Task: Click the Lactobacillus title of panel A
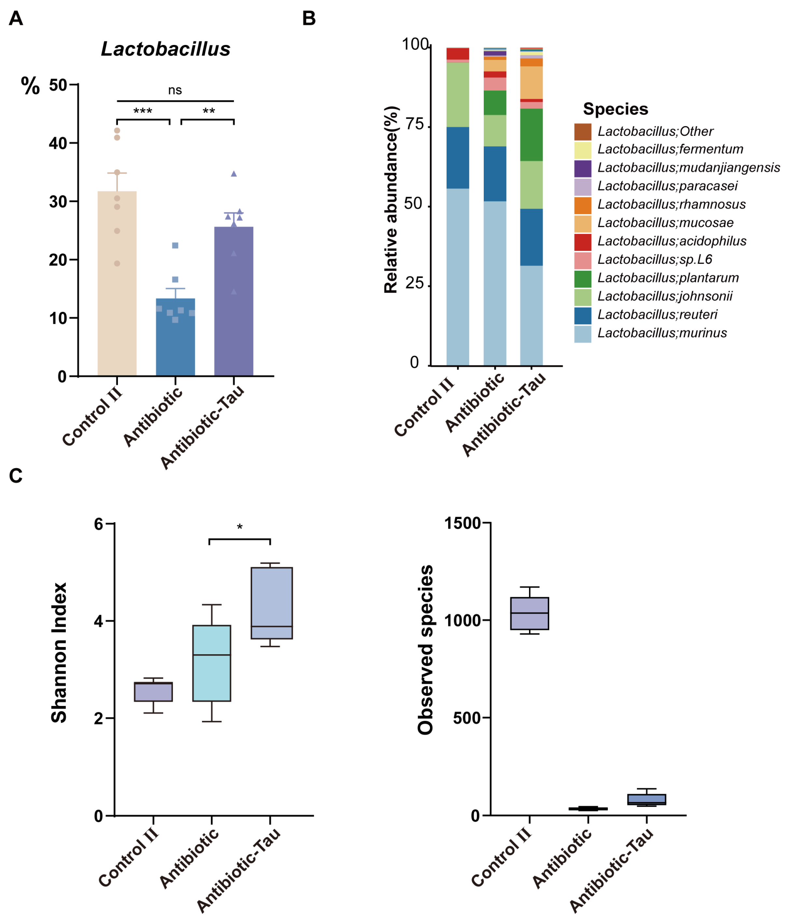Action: [165, 49]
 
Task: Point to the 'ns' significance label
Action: [175, 90]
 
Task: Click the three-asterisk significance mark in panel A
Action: [143, 111]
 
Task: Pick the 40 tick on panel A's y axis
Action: [58, 143]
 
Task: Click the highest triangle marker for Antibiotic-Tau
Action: [234, 174]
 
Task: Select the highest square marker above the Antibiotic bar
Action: [175, 246]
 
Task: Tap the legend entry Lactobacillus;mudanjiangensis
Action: [688, 168]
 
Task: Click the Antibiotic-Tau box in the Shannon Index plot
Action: [271, 603]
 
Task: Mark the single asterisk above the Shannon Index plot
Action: [239, 528]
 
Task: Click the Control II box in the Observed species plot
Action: [529, 613]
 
